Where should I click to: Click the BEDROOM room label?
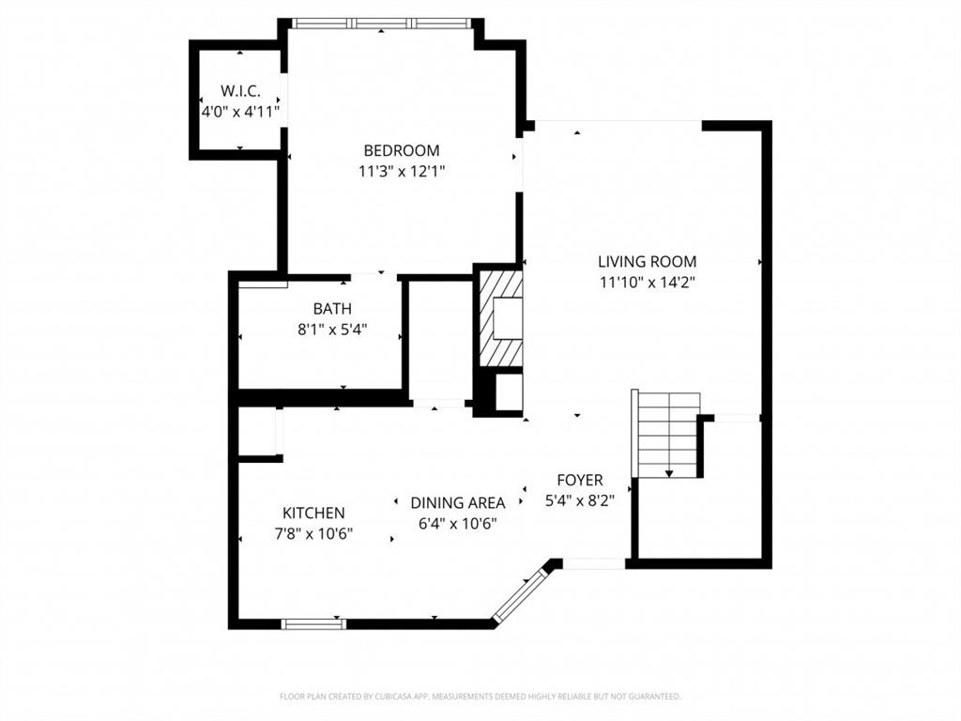[x=401, y=150]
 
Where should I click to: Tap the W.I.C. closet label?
[x=240, y=91]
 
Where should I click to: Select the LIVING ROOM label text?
[x=647, y=262]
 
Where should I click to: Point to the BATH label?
[x=332, y=308]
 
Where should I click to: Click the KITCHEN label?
[x=313, y=513]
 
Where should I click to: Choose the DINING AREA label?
[x=457, y=502]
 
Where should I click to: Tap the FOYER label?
[x=579, y=480]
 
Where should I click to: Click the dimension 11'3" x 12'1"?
[x=401, y=171]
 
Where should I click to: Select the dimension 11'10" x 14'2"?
[x=647, y=282]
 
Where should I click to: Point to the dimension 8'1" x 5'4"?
[x=332, y=329]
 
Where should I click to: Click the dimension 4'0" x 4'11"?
[x=240, y=111]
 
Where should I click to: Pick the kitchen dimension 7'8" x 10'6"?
[x=313, y=533]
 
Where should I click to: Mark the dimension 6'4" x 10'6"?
[x=457, y=523]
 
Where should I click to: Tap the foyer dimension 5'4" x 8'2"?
[x=579, y=501]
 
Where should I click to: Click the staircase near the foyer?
[x=668, y=434]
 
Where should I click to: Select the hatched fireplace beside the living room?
[x=498, y=318]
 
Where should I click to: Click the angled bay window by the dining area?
[x=521, y=592]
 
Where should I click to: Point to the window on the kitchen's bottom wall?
[x=313, y=623]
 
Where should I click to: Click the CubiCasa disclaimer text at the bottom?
[x=480, y=697]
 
